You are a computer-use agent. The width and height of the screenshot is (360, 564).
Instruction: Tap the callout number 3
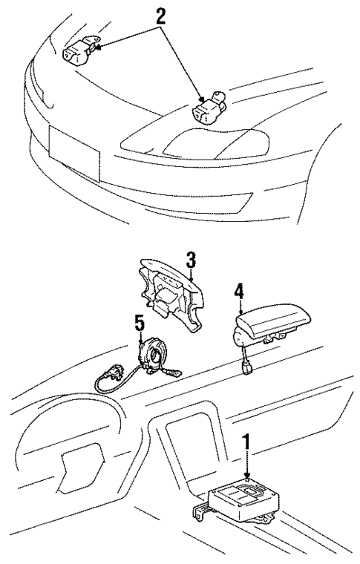coord(191,260)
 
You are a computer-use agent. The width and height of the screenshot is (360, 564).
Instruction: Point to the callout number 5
coord(139,324)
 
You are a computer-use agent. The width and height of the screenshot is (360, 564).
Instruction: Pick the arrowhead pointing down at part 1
coord(246,477)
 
